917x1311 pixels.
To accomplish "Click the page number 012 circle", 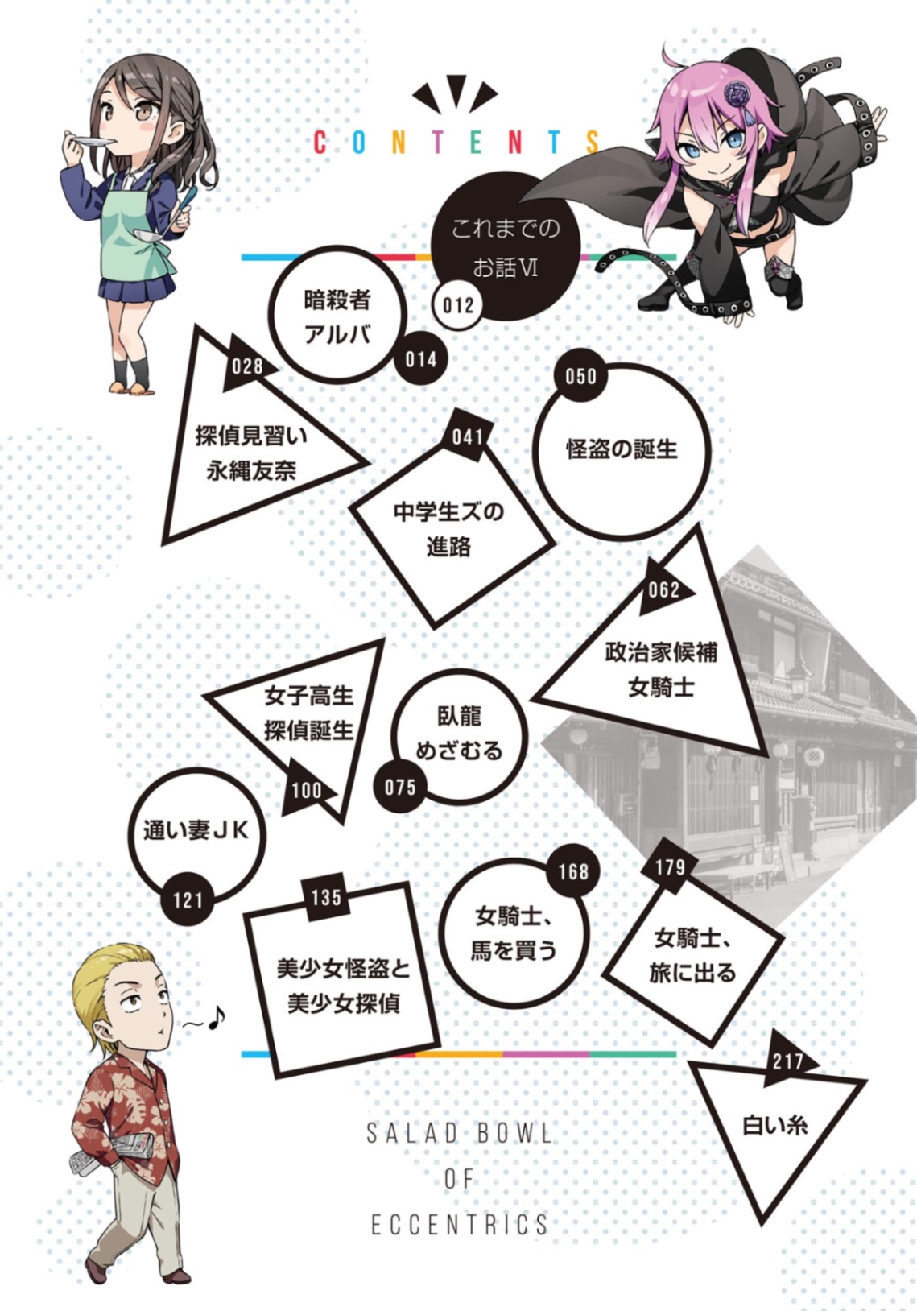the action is pos(458,305).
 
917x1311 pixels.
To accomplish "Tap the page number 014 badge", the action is pos(421,359).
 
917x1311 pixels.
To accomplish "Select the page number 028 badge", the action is pos(247,367).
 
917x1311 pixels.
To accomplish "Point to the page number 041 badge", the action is pos(468,436).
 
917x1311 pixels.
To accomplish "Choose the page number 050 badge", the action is pos(580,376).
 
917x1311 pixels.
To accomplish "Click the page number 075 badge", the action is pos(400,788).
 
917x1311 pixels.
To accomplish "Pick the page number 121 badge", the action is pos(188,900).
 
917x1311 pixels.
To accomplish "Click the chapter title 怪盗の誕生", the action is pos(622,449).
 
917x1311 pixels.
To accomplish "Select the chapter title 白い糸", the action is pos(774,1125).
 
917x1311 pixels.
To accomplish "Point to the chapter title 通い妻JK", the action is pos(196,831).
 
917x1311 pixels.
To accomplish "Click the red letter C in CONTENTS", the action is pos(320,143).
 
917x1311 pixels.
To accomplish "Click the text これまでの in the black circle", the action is pos(506,228).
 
